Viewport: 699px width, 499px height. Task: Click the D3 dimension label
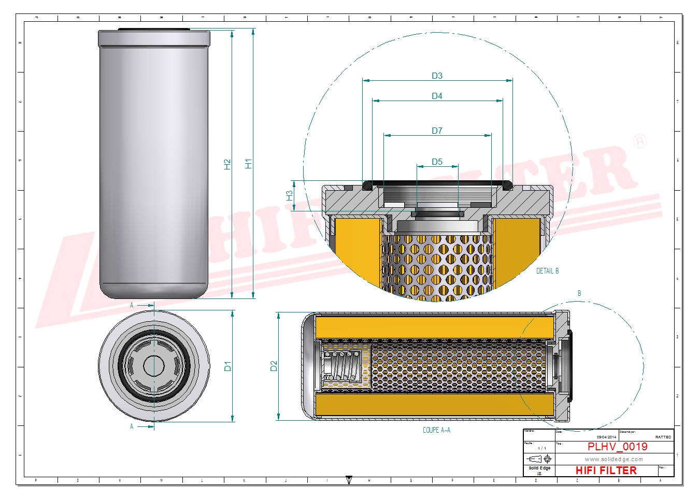[437, 76]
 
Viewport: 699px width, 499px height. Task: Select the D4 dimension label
[437, 96]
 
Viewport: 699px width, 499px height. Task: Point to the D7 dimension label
[437, 131]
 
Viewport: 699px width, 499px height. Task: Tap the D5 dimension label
[437, 162]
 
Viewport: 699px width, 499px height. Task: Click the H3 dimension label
[289, 195]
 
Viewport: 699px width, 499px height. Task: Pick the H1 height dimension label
[248, 164]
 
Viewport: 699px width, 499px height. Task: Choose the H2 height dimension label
[227, 164]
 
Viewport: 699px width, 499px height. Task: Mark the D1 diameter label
[227, 366]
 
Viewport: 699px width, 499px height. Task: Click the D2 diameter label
[274, 366]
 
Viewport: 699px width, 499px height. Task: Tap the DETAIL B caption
[547, 271]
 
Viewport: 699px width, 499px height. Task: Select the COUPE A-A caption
[436, 430]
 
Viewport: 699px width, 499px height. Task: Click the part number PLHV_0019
[617, 447]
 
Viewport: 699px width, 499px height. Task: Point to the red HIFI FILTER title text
[606, 471]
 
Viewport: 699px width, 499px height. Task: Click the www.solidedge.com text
[614, 459]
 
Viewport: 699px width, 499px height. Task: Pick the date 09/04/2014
[606, 437]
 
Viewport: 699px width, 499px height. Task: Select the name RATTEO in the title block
[663, 437]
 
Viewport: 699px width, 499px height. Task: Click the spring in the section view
[341, 366]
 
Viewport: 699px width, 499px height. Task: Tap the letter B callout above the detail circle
[579, 293]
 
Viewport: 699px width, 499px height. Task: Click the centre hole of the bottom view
[154, 366]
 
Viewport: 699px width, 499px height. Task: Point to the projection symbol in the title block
[539, 459]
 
